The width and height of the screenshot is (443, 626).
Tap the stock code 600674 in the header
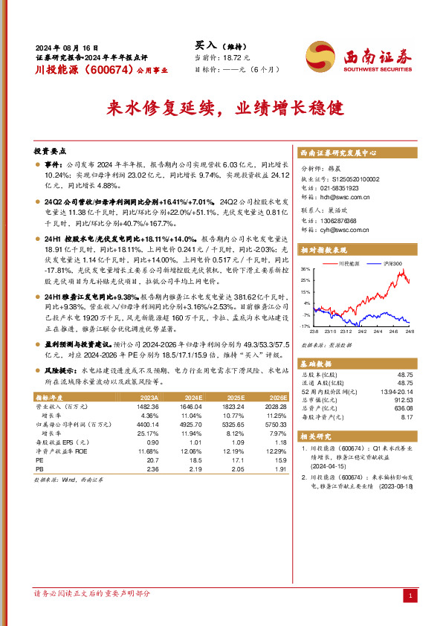coord(100,71)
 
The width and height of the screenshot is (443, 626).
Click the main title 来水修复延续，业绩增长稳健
coord(221,107)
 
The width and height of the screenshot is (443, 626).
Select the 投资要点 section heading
coord(51,149)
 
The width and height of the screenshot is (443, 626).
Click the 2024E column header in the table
coord(192,398)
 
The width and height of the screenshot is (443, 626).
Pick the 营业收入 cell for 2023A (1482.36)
coord(148,407)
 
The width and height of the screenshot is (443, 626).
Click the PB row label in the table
coord(39,470)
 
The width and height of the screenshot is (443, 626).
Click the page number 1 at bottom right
coord(410,596)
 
